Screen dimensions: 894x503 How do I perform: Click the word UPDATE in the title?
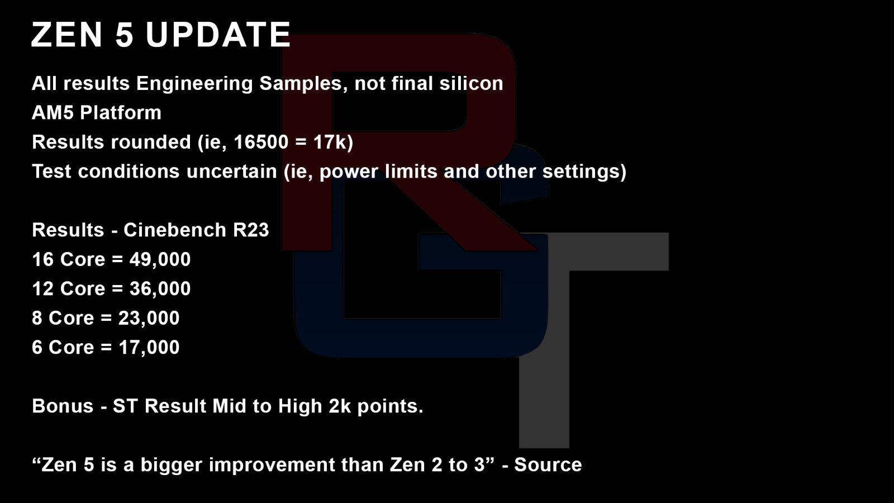(218, 35)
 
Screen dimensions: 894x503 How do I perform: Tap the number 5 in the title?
(124, 35)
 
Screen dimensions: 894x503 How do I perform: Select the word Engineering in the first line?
(194, 84)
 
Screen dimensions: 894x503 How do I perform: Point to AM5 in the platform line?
(53, 112)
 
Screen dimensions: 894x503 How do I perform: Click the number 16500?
(260, 142)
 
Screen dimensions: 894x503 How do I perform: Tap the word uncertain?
(231, 172)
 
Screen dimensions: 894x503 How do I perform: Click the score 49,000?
(160, 260)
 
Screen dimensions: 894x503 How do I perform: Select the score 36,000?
(160, 289)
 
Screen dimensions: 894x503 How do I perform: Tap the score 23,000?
(149, 319)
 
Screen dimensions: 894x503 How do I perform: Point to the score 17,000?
(149, 348)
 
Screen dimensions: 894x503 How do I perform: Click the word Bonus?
(63, 406)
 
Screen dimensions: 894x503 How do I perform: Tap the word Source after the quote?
(548, 465)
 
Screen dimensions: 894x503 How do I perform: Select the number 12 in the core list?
(42, 289)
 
